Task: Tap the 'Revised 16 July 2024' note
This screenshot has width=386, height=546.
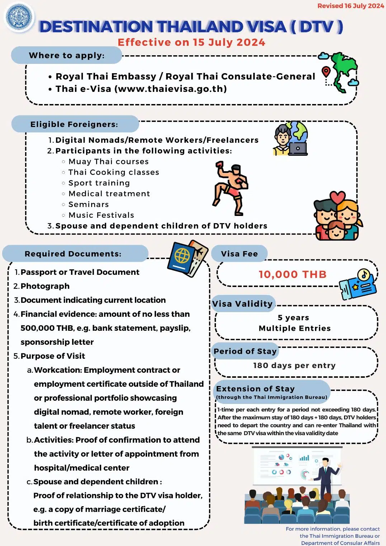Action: [350, 6]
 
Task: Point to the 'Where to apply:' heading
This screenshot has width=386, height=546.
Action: [67, 56]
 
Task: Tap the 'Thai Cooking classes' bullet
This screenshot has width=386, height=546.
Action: [113, 172]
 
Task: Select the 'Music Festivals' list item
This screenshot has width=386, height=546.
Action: [101, 215]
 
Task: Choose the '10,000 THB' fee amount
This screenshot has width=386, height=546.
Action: [293, 274]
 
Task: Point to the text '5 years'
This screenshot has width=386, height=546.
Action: [293, 318]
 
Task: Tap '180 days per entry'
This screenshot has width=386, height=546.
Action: [294, 366]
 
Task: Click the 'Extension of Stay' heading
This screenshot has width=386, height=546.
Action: [255, 389]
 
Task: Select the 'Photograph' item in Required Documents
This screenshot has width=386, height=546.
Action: [45, 286]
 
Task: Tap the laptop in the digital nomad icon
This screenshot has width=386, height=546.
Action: [298, 149]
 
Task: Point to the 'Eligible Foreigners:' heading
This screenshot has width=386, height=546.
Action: [74, 124]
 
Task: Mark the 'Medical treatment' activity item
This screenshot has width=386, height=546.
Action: [109, 194]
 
